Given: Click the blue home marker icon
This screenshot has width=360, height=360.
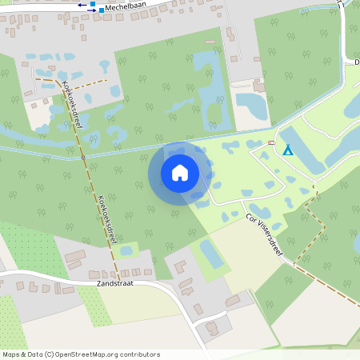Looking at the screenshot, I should click(x=180, y=172).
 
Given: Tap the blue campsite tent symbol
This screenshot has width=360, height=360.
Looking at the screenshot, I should click(x=287, y=150).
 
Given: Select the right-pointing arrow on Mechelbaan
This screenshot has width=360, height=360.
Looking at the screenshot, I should click(x=90, y=10).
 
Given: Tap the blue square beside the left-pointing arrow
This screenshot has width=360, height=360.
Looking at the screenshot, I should click(x=93, y=4).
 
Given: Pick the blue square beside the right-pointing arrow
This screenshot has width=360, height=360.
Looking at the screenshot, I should click(x=102, y=10).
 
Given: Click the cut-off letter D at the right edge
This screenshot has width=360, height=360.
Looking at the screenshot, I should click(x=356, y=61).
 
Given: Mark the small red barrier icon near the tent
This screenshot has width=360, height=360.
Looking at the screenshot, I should click(x=271, y=142).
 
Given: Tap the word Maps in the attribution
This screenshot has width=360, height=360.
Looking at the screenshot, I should click(x=12, y=354).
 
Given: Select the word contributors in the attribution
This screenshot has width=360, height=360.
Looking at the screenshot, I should click(x=139, y=354).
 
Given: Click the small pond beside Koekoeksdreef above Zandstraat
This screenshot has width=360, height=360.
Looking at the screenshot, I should click(x=126, y=251).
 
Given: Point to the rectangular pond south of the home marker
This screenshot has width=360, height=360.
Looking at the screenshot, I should click(x=211, y=254).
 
